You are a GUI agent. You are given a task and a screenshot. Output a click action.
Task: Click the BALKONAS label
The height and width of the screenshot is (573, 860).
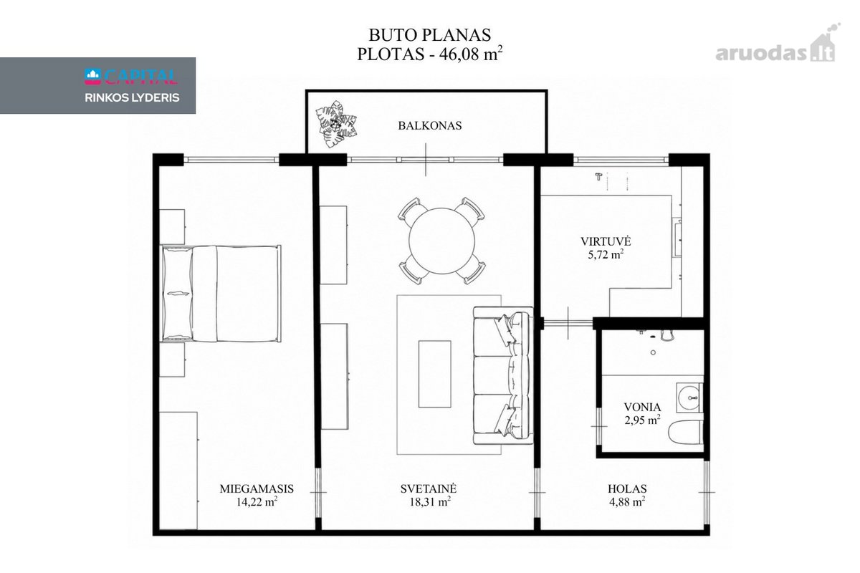pos(429,126)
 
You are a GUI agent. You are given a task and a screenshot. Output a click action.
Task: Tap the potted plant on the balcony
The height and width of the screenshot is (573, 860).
pos(336,124)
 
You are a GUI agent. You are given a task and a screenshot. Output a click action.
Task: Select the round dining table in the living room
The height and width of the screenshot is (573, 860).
pos(441,241)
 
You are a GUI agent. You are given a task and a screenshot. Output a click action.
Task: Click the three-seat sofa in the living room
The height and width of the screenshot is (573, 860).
pos(503,375)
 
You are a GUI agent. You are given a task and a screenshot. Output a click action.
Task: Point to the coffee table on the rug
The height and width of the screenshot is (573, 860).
pos(434,374)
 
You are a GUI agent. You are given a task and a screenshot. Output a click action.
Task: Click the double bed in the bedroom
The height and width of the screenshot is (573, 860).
pos(221,294)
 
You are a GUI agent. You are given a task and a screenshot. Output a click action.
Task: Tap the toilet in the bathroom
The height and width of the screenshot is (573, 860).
pos(686,433)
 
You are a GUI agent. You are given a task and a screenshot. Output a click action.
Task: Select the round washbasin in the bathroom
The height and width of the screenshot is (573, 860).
pos(689,398)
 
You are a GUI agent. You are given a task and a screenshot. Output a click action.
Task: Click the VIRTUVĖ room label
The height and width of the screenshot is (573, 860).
pos(606,241)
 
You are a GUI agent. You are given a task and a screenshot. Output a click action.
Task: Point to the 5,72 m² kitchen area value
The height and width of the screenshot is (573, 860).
pos(606,254)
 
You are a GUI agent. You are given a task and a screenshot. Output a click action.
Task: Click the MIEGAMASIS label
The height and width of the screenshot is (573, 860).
pos(257,488)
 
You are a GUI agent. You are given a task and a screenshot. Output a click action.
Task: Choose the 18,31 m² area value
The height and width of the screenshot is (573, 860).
pos(430,501)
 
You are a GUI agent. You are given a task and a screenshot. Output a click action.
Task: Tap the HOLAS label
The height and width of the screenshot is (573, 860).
pos(627,488)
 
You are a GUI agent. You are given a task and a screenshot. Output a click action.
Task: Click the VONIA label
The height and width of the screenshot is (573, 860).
pos(642,407)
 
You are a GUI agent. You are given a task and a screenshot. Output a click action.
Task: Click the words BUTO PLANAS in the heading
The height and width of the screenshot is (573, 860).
pos(429,35)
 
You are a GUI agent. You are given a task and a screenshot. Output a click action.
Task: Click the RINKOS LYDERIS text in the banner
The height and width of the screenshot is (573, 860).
pos(132,98)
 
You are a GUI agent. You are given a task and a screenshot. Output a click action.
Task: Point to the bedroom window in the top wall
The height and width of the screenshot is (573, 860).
pos(231,159)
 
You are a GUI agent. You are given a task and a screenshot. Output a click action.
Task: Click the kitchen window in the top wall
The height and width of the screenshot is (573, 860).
pos(621,159)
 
